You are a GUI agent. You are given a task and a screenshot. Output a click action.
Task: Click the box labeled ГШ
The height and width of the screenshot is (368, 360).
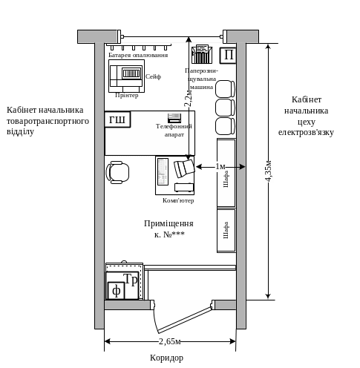(117, 119)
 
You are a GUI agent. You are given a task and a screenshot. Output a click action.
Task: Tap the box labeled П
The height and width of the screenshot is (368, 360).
(228, 56)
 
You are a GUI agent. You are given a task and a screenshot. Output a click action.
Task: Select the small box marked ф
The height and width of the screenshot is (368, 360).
(116, 291)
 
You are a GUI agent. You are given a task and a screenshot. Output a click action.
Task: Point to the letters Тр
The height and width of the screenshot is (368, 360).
(131, 280)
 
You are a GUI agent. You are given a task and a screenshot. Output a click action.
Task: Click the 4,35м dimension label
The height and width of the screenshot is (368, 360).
(269, 171)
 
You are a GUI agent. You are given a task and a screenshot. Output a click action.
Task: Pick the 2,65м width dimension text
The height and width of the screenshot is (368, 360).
(170, 341)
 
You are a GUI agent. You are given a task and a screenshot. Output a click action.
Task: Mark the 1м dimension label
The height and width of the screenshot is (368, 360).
(220, 167)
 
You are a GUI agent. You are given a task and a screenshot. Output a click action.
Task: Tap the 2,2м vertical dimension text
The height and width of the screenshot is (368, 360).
(188, 98)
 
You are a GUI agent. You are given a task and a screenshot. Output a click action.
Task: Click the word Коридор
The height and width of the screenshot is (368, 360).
(167, 358)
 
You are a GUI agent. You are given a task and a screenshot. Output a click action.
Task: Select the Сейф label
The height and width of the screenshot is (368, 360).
(153, 76)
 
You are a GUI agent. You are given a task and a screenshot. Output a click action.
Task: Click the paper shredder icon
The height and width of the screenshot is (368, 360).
(202, 54)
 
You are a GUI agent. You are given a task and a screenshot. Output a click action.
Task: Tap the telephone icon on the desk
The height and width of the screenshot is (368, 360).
(174, 118)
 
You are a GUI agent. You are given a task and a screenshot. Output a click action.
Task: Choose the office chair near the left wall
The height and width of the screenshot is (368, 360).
(118, 172)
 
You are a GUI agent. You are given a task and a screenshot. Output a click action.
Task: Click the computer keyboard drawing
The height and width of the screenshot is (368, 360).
(163, 171)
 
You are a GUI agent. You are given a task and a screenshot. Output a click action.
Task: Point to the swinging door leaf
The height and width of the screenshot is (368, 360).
(185, 321)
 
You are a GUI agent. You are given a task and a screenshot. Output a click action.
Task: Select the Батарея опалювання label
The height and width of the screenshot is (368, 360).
(138, 55)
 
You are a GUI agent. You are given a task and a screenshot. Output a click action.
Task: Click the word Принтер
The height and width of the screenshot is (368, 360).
(127, 96)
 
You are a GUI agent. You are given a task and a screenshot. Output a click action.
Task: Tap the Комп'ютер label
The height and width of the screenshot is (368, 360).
(178, 200)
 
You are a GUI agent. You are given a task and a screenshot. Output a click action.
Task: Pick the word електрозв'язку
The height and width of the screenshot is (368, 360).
(306, 133)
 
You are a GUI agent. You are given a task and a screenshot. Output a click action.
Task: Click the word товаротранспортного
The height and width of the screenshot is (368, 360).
(48, 121)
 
